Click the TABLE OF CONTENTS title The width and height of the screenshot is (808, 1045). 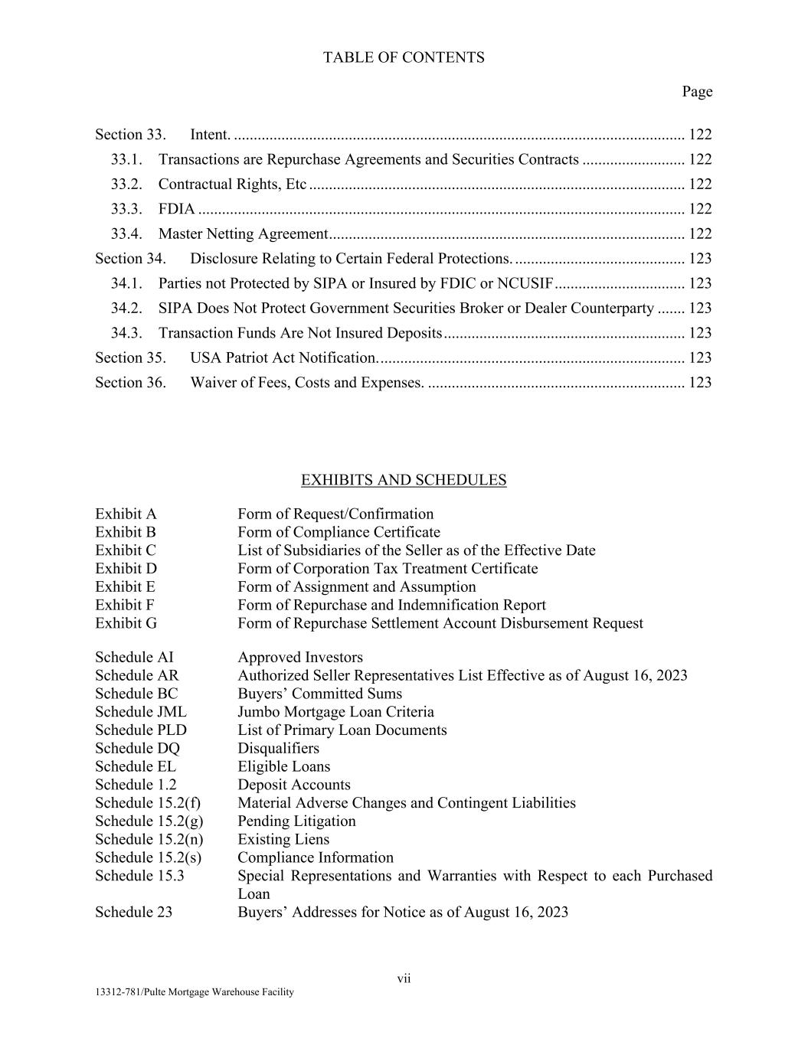pos(404,57)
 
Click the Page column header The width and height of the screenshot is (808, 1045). pos(697,92)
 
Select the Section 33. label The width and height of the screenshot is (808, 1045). pos(130,135)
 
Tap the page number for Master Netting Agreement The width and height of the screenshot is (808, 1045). pos(700,234)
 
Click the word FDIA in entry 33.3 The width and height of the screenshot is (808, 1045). pos(176,209)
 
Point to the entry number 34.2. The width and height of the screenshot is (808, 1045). pos(126,309)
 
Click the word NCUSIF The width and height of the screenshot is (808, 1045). pos(525,283)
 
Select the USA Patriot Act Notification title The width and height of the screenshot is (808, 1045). pos(284,358)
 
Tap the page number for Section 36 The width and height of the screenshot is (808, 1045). pos(700,383)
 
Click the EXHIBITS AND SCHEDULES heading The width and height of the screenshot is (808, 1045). pos(404,480)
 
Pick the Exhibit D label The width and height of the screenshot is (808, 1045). pos(126,569)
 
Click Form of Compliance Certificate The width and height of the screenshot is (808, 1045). pos(339,532)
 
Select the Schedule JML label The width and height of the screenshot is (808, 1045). pos(140,712)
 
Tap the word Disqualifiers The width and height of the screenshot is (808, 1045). pos(278,749)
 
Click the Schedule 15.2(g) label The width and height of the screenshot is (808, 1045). pos(149,821)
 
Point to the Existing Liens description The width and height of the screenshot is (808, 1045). pos(283,840)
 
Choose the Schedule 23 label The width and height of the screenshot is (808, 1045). pos(133,913)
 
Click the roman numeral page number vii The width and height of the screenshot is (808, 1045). pos(404,978)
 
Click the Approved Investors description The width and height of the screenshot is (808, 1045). pos(300,658)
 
